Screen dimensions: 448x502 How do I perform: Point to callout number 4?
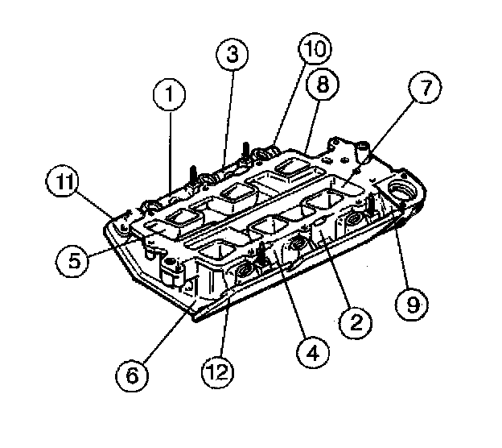(314, 351)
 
